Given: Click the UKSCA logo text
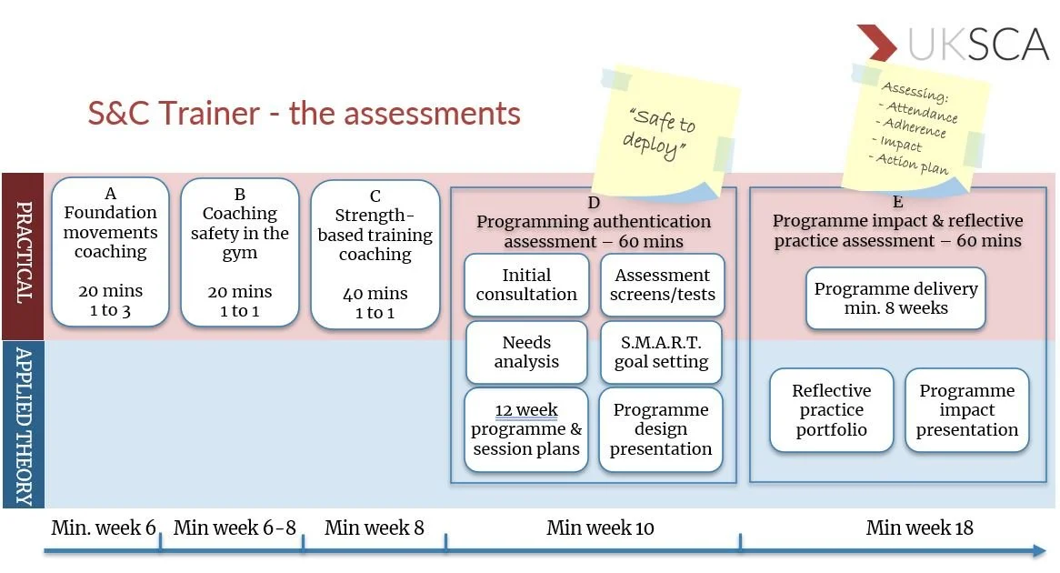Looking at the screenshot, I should [978, 44].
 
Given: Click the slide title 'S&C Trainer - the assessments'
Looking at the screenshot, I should [304, 114].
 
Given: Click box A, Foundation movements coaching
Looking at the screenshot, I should [111, 252].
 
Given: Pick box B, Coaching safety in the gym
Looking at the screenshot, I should [240, 253].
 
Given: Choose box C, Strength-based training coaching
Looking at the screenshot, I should [375, 254].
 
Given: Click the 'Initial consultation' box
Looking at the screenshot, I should [526, 285].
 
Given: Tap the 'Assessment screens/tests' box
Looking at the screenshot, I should [662, 285].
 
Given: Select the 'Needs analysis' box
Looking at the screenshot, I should [526, 352].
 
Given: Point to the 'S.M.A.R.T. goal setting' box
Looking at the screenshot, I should [661, 352].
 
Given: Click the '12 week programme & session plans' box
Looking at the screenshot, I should [526, 429].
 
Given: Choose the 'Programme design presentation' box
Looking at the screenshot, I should [661, 429].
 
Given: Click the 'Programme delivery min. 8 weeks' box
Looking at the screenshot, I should [895, 298].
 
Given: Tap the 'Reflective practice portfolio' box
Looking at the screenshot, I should [831, 410].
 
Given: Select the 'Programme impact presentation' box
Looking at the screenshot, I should [966, 410].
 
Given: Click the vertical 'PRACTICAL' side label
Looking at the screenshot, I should [23, 256].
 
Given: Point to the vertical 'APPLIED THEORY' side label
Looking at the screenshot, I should [23, 425].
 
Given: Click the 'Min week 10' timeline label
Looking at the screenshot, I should [600, 528].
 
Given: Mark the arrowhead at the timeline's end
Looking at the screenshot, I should [1037, 549].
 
